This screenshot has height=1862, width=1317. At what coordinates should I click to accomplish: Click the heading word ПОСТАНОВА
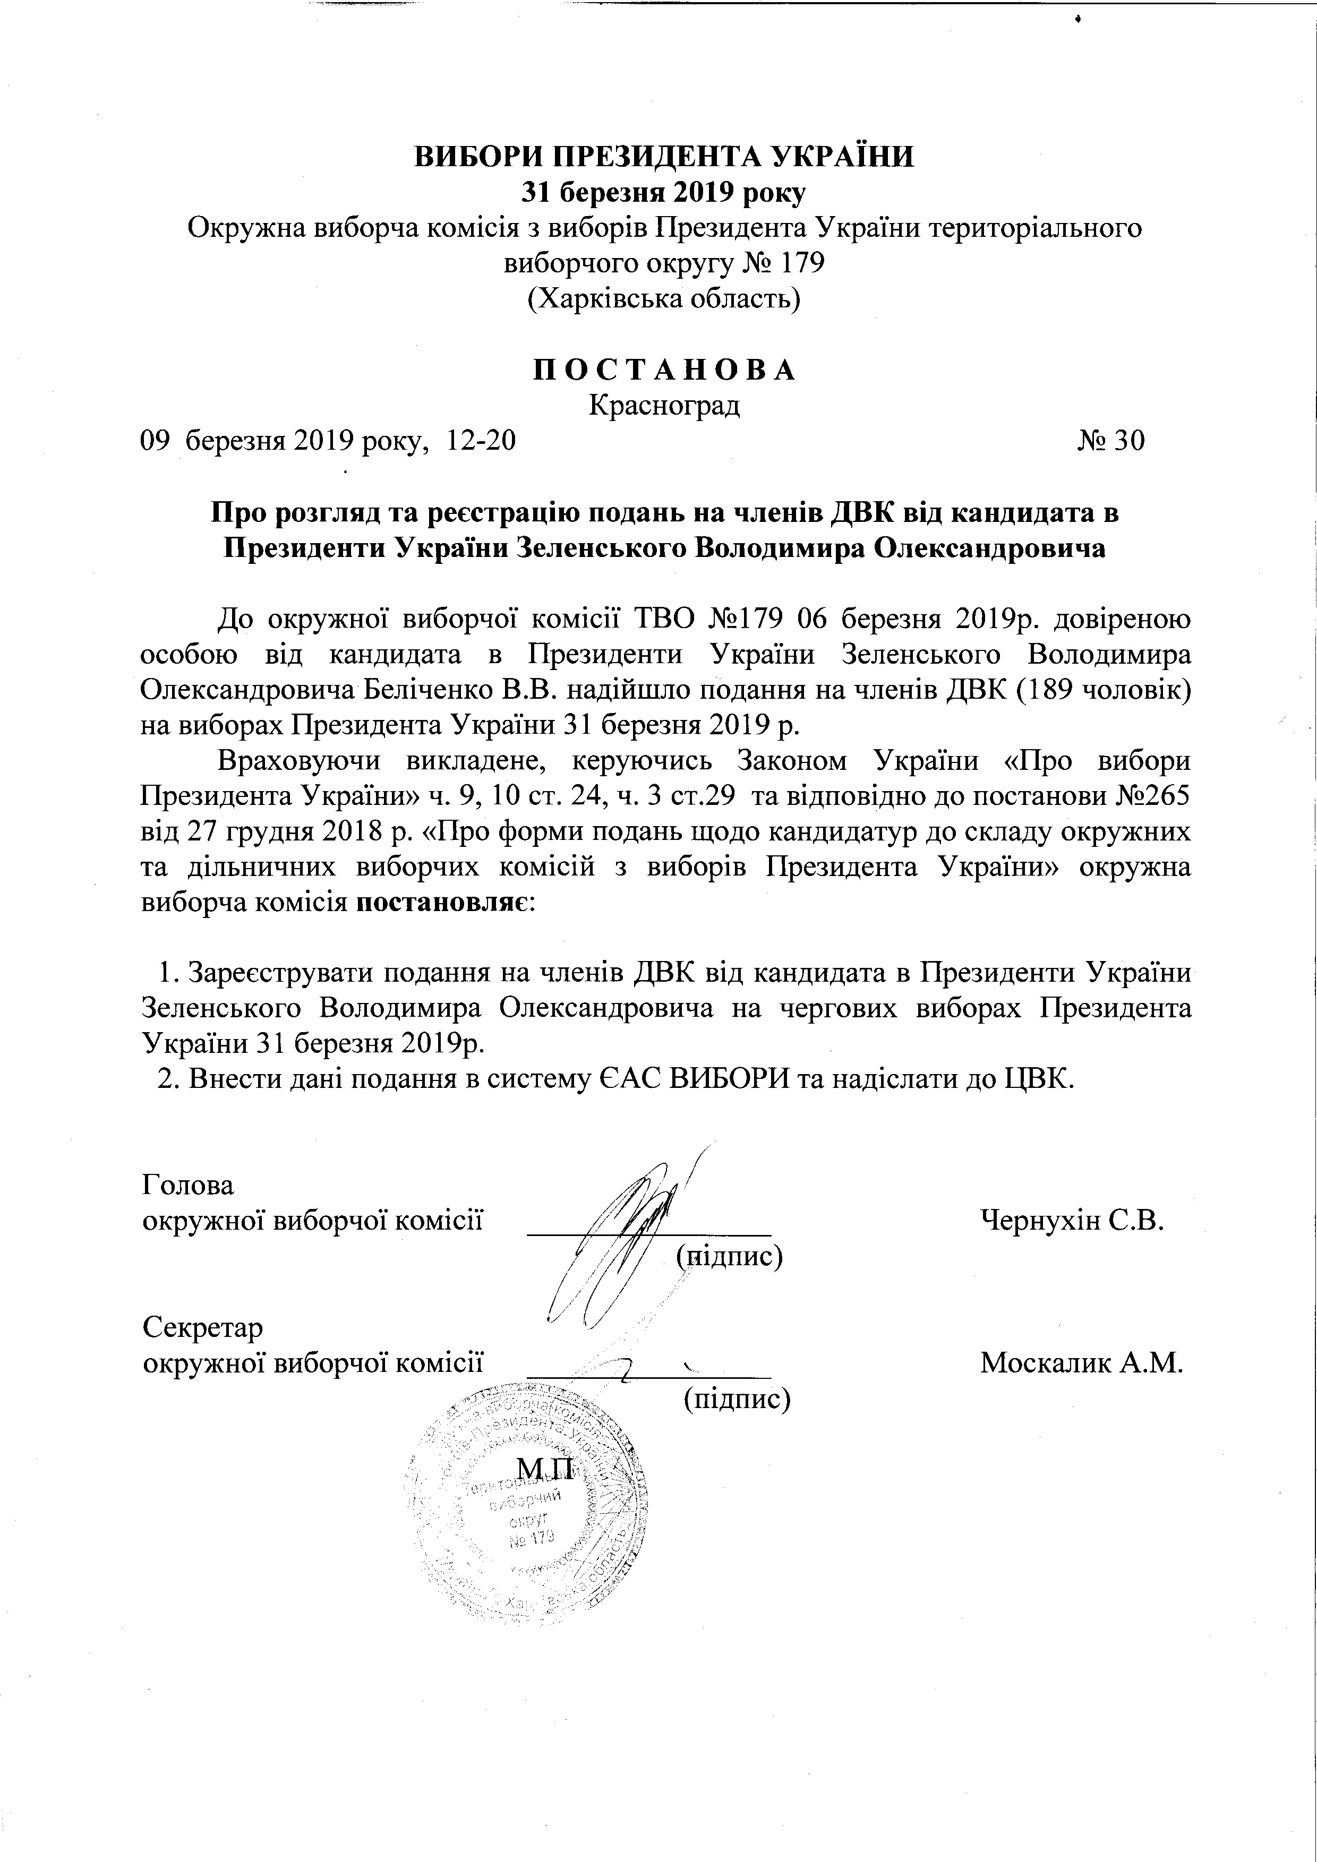664,370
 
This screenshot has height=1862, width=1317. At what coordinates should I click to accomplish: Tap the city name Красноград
664,405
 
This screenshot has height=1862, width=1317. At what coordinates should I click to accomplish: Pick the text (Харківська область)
664,299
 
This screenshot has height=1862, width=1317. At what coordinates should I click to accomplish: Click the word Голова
188,1185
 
